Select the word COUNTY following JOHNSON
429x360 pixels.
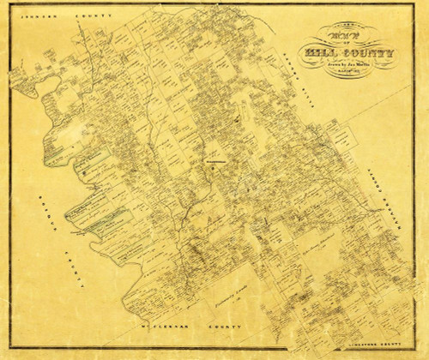click(x=86, y=16)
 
